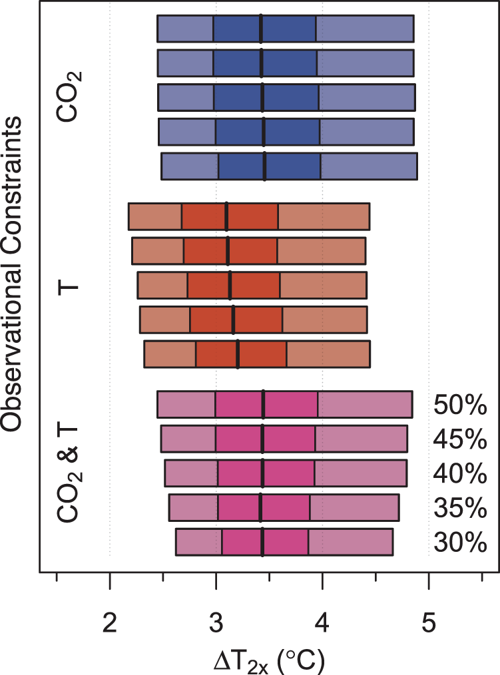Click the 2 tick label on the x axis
tap(109, 623)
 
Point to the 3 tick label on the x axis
tap(216, 623)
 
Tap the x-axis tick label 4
tap(322, 623)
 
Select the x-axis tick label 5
tap(429, 623)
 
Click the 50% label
tap(460, 405)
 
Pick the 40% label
tap(460, 474)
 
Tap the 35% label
tap(460, 509)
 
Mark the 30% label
tap(460, 543)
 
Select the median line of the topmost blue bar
tap(261, 28)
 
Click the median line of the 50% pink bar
tap(264, 404)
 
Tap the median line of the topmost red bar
tap(226, 217)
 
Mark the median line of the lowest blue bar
tap(265, 166)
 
